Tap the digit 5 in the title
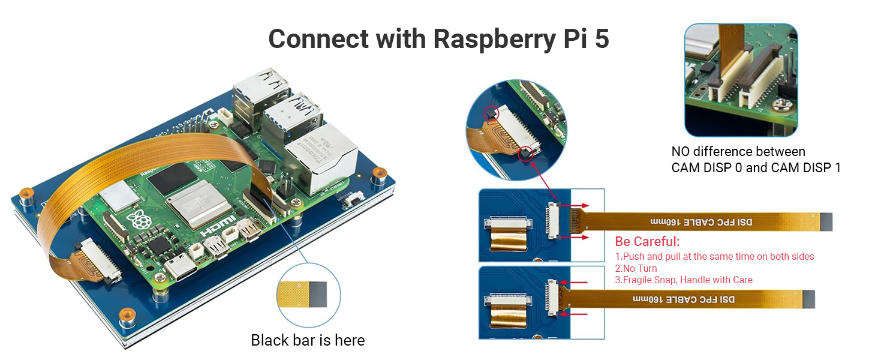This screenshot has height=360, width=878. click(602, 39)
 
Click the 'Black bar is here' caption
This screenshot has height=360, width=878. click(308, 340)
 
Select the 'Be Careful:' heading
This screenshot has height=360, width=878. click(648, 242)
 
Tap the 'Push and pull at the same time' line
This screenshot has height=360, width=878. click(714, 256)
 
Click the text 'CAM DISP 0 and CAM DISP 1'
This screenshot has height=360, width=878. click(756, 167)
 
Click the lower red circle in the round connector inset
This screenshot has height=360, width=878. click(526, 153)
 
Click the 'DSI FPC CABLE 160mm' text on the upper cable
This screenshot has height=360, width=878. click(702, 222)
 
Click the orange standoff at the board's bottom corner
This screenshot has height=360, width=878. click(125, 314)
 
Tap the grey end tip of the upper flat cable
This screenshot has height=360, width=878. click(825, 222)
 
